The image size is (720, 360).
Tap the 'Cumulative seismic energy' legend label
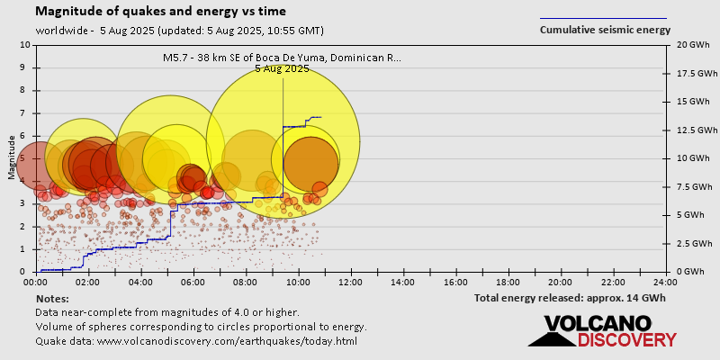click(x=605, y=30)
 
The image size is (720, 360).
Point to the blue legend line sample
click(x=603, y=18)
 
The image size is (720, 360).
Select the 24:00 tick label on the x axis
click(x=665, y=281)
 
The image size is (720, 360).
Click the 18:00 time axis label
click(x=508, y=281)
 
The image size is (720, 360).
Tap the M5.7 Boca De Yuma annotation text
click(x=282, y=58)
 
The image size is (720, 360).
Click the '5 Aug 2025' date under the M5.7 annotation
click(x=282, y=68)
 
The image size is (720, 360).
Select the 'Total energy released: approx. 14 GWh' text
click(x=570, y=298)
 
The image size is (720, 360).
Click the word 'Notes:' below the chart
click(x=52, y=298)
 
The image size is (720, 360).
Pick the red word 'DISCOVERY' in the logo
click(x=627, y=340)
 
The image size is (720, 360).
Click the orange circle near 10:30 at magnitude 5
click(x=310, y=163)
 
